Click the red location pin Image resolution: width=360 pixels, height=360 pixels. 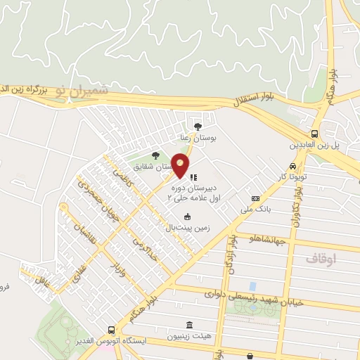click(181, 165)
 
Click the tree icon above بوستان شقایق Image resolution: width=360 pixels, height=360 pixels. click(155, 156)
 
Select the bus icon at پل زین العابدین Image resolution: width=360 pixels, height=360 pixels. click(314, 134)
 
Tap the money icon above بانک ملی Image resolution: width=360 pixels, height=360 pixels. click(255, 198)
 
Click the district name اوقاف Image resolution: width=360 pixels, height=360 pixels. click(321, 259)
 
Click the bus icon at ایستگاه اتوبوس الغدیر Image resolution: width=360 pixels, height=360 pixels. click(111, 330)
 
